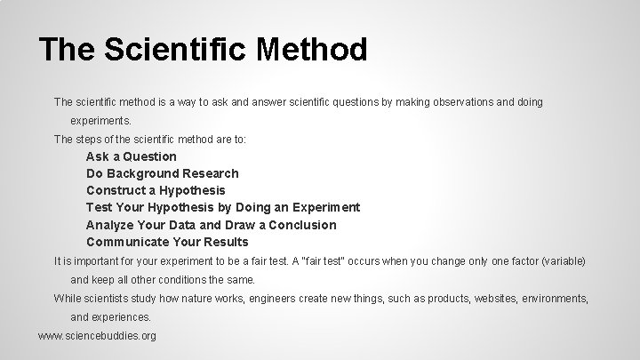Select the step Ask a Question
132,156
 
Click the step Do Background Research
163,173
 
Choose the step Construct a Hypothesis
156,190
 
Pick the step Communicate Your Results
167,242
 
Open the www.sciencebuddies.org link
98,336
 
